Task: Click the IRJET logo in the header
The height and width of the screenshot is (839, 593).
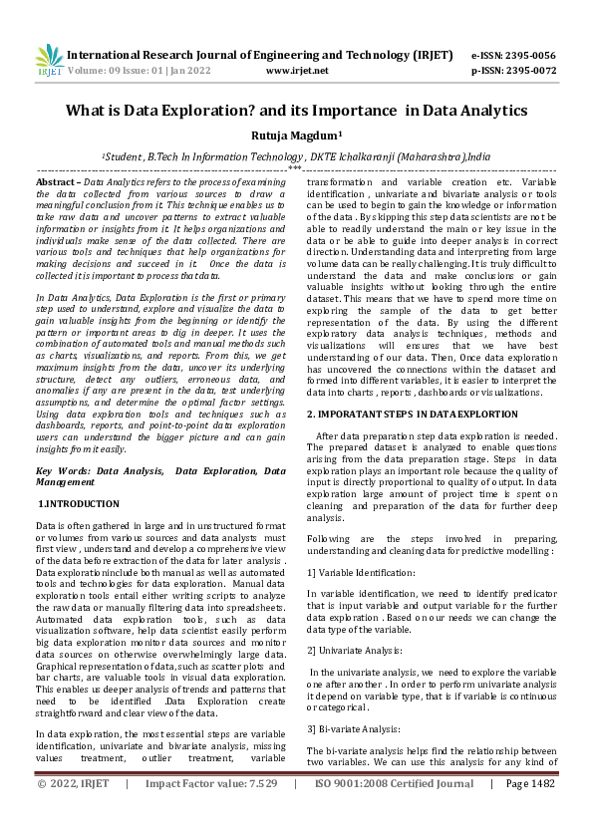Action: (x=49, y=61)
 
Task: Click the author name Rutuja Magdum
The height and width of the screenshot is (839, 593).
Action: (x=295, y=136)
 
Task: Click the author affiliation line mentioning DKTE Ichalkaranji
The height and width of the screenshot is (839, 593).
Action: (x=296, y=156)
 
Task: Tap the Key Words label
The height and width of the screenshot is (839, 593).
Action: (x=63, y=469)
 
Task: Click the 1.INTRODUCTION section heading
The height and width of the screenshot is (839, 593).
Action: (x=78, y=505)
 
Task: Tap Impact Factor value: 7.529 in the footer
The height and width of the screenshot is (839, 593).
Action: (x=210, y=812)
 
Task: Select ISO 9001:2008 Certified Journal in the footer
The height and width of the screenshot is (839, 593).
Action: (x=395, y=812)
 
